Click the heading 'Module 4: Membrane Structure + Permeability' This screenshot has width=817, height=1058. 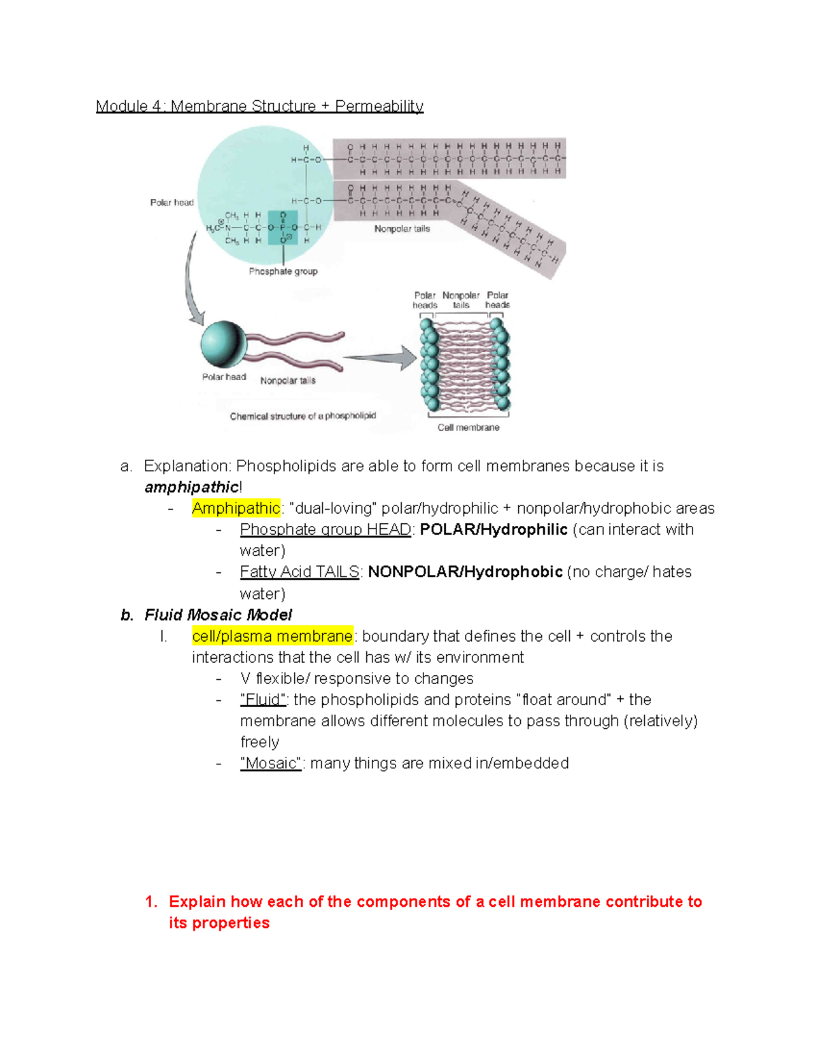pos(259,106)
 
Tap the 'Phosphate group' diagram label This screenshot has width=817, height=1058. pos(283,271)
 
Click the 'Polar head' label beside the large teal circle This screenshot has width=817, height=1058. pos(172,202)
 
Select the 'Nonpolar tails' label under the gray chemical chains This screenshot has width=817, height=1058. pos(402,229)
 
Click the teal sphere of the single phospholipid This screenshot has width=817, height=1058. pos(223,345)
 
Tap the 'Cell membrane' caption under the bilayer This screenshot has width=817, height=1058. pos(468,428)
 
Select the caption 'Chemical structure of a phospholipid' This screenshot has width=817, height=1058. pos(302,416)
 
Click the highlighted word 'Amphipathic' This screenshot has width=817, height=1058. pos(236,508)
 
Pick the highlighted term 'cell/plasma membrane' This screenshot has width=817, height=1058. pos(272,636)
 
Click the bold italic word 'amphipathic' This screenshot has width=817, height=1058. pos(191,487)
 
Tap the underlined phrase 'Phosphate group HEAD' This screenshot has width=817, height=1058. pos(325,530)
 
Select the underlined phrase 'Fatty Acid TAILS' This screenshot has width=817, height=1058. pos(299,572)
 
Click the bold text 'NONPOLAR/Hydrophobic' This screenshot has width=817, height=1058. pos(465,572)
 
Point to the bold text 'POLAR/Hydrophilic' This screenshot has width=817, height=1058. pos(494,530)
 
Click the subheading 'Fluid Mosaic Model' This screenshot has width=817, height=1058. pos(218,615)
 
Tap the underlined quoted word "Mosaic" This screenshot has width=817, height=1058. pos(270,764)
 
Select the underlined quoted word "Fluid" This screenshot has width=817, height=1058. pos(263,700)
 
